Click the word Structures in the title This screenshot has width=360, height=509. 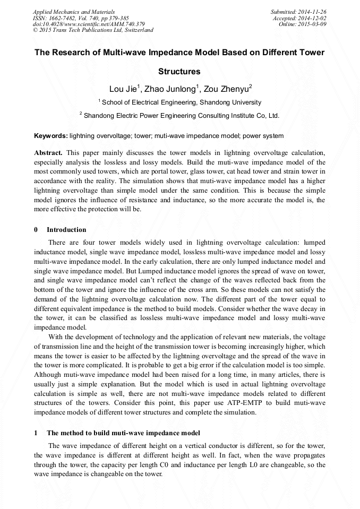tap(179, 71)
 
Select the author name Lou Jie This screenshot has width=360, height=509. tap(123, 89)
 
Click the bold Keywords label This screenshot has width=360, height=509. tap(50, 136)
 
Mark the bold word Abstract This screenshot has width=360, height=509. tap(48, 152)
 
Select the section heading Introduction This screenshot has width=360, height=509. tap(66, 230)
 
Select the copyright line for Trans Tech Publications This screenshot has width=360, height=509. tap(93, 30)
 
